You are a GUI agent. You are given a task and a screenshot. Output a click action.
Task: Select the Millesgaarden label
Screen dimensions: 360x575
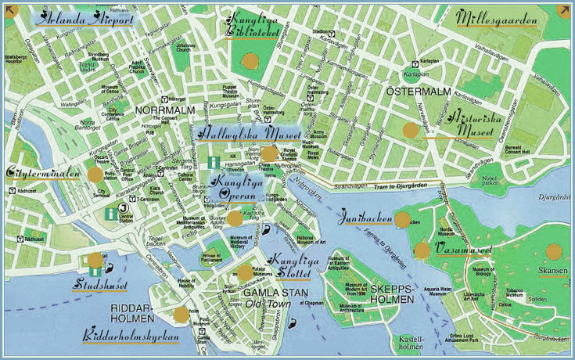(498, 18)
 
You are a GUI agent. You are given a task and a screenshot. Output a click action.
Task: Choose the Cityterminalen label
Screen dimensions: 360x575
(43, 172)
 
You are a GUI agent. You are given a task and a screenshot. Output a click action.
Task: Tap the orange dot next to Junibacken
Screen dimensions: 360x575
(402, 220)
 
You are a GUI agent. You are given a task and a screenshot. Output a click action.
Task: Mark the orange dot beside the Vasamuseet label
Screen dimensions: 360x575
(422, 250)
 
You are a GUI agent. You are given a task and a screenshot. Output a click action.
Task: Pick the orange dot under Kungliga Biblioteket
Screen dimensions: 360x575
(250, 61)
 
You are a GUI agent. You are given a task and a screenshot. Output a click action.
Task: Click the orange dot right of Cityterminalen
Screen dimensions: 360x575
(95, 175)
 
